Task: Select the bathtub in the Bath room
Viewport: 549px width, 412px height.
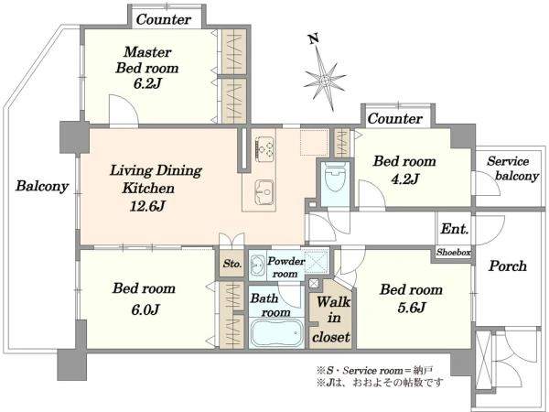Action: pyautogui.click(x=276, y=333)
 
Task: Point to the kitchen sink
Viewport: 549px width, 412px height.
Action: pyautogui.click(x=264, y=191)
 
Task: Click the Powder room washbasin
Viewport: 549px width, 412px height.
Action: pyautogui.click(x=258, y=265)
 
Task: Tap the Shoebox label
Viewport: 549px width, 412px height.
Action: pyautogui.click(x=454, y=253)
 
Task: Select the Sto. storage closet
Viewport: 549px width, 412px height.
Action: pyautogui.click(x=231, y=264)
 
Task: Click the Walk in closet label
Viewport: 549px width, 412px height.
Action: pyautogui.click(x=331, y=319)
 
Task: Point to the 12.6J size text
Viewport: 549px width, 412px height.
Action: pyautogui.click(x=147, y=206)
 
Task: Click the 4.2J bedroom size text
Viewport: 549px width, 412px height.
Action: pyautogui.click(x=404, y=179)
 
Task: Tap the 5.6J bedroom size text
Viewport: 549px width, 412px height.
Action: pyautogui.click(x=412, y=308)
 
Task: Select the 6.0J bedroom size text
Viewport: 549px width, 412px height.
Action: pyautogui.click(x=145, y=309)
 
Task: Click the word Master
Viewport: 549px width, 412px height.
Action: pyautogui.click(x=147, y=52)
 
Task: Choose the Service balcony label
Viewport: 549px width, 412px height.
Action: pyautogui.click(x=512, y=168)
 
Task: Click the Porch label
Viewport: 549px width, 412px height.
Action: pyautogui.click(x=508, y=266)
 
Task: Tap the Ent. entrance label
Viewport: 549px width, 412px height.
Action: pyautogui.click(x=455, y=229)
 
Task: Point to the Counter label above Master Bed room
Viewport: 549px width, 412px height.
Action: pyautogui.click(x=164, y=19)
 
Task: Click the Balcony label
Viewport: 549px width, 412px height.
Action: pyautogui.click(x=42, y=186)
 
